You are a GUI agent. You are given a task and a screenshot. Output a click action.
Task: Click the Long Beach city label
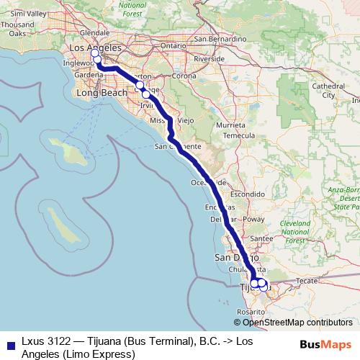coord(101,93)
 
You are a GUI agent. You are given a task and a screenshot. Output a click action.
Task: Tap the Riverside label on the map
coord(209,58)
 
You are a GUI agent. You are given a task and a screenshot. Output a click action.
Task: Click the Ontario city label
coord(173,45)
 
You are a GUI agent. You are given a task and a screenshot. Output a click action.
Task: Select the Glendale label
coord(94,32)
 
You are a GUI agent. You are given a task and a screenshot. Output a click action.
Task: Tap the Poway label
coord(254,218)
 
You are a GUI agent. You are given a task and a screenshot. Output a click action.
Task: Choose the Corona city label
coord(184,75)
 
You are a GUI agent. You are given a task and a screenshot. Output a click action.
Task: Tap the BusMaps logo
coord(325,344)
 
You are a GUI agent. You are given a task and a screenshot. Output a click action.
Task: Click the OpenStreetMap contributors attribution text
coord(297,323)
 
